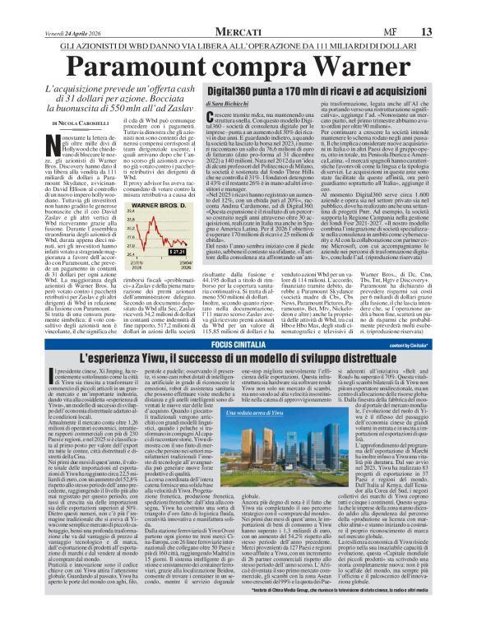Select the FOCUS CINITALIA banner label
(x=238, y=342)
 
